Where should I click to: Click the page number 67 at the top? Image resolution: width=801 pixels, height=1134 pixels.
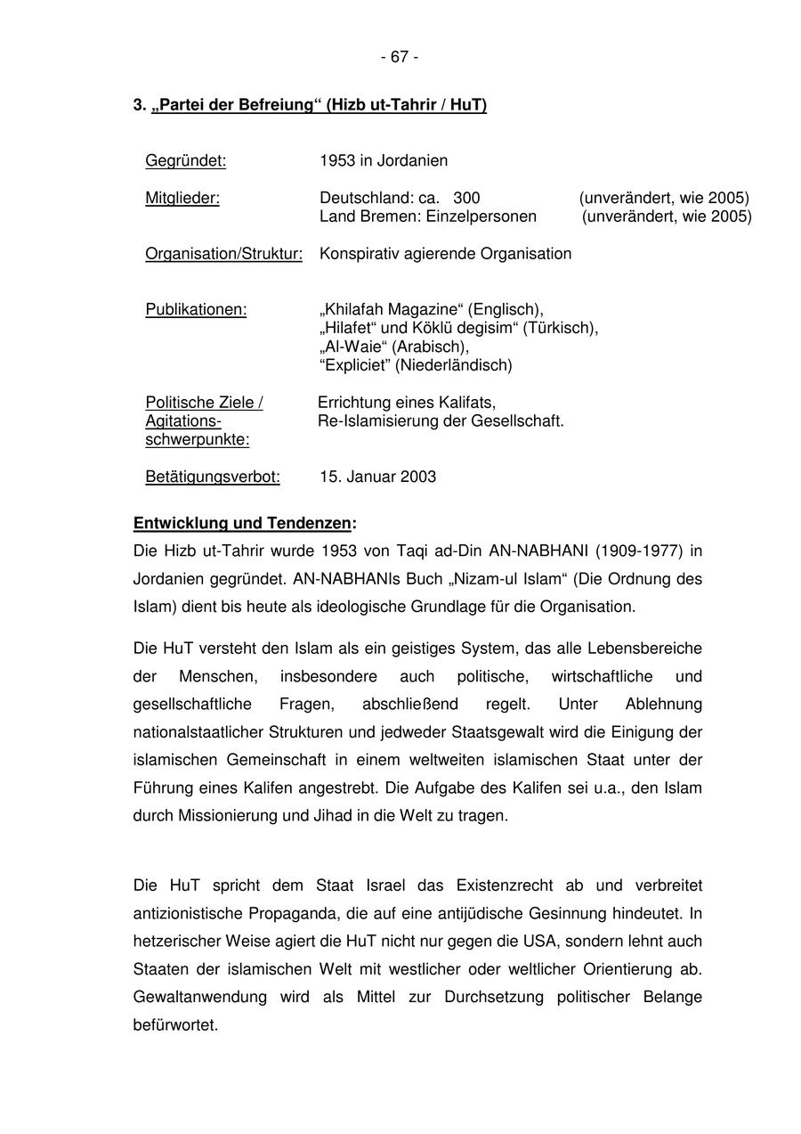[400, 57]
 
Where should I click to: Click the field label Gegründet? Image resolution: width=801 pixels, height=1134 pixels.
[185, 161]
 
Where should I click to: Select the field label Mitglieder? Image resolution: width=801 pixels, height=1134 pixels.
[182, 199]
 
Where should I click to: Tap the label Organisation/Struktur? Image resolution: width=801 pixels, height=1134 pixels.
[223, 254]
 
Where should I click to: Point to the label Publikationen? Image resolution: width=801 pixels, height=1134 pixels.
[196, 310]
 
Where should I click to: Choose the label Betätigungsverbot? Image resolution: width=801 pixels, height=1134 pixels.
[213, 477]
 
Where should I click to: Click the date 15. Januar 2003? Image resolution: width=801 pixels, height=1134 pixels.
[377, 477]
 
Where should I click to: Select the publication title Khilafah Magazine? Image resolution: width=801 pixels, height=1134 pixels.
[391, 310]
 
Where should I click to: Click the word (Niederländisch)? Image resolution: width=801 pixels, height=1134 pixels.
[454, 365]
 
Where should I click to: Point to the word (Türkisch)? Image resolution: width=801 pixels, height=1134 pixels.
[560, 329]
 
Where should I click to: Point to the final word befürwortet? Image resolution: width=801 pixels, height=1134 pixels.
[175, 1025]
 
